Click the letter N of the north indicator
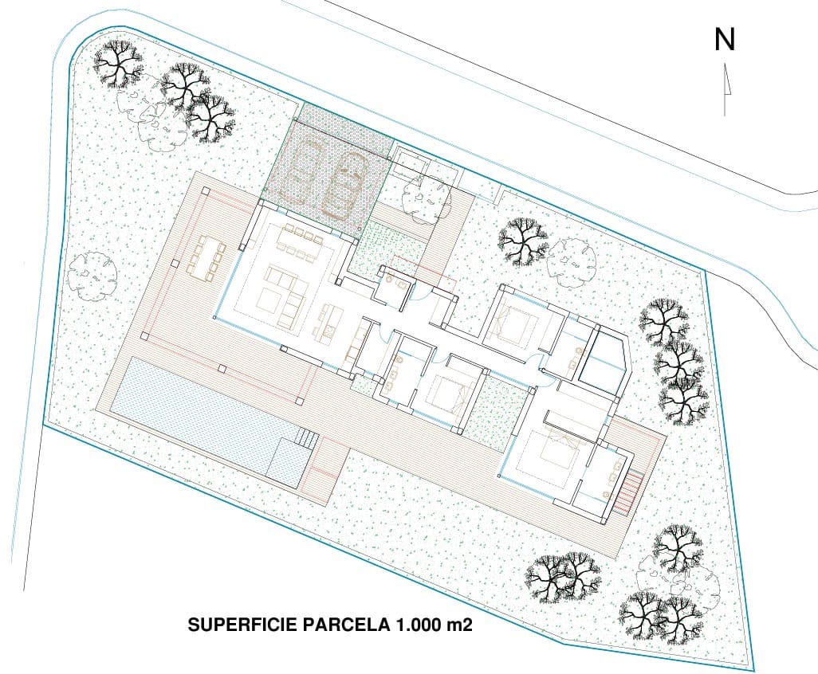pos(725,40)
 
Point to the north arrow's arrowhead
pos(726,79)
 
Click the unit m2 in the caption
pos(459,625)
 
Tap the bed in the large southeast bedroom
pos(559,447)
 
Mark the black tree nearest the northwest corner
pos(117,63)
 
